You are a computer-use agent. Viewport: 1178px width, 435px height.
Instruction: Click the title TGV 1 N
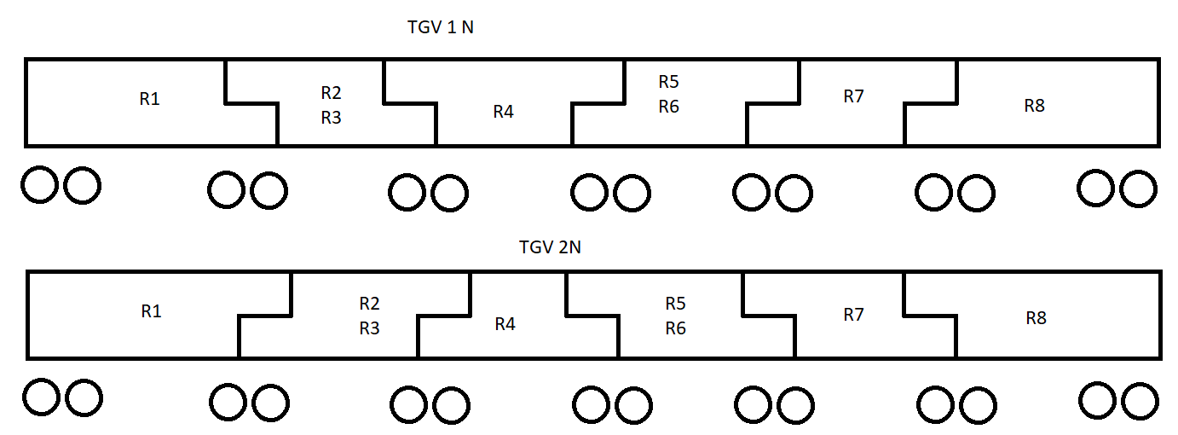(440, 27)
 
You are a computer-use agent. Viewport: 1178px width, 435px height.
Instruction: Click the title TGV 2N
(550, 247)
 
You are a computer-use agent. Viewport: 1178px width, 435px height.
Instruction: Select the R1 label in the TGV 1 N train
(149, 99)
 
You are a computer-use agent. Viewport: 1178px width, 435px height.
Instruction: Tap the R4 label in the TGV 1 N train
(503, 112)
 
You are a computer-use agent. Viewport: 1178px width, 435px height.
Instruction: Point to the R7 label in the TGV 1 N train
(853, 96)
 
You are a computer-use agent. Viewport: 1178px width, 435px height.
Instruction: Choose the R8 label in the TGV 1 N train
(1034, 106)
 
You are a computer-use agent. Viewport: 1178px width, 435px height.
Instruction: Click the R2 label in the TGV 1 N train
(331, 92)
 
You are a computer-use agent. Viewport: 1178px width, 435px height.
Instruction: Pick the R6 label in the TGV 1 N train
(668, 107)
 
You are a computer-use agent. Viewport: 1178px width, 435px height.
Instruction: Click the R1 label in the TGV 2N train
(151, 311)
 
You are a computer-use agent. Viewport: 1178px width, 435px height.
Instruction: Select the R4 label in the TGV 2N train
(505, 324)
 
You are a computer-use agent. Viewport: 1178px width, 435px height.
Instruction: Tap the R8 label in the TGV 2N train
(1036, 318)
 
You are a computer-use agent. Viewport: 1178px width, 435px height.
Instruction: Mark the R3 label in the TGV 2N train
(369, 328)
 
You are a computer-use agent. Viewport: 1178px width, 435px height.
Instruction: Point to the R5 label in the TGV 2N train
(675, 303)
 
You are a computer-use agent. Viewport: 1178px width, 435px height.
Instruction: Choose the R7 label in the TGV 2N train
(853, 315)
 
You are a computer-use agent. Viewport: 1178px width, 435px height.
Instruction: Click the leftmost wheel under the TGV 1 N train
(39, 185)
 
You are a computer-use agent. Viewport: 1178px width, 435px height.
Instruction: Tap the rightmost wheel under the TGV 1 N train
(1139, 188)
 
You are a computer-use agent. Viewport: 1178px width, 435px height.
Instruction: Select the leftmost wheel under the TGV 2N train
(41, 397)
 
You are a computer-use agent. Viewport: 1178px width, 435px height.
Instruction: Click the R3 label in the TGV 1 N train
(331, 118)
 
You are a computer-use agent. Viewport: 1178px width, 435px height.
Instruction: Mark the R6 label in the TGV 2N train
(675, 328)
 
